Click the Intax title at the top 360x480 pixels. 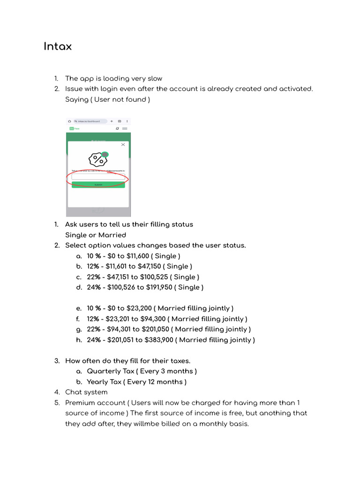coord(58,47)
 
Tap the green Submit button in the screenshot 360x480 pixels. coord(98,185)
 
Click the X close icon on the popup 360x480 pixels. coord(123,145)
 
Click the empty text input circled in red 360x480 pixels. coord(98,177)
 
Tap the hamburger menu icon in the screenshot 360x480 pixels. coord(125,128)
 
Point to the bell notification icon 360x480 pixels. coord(117,128)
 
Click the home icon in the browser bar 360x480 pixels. coord(69,121)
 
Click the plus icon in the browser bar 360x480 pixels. coord(112,121)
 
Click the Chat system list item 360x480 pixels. coord(86,392)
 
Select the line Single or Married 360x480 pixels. coord(96,235)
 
